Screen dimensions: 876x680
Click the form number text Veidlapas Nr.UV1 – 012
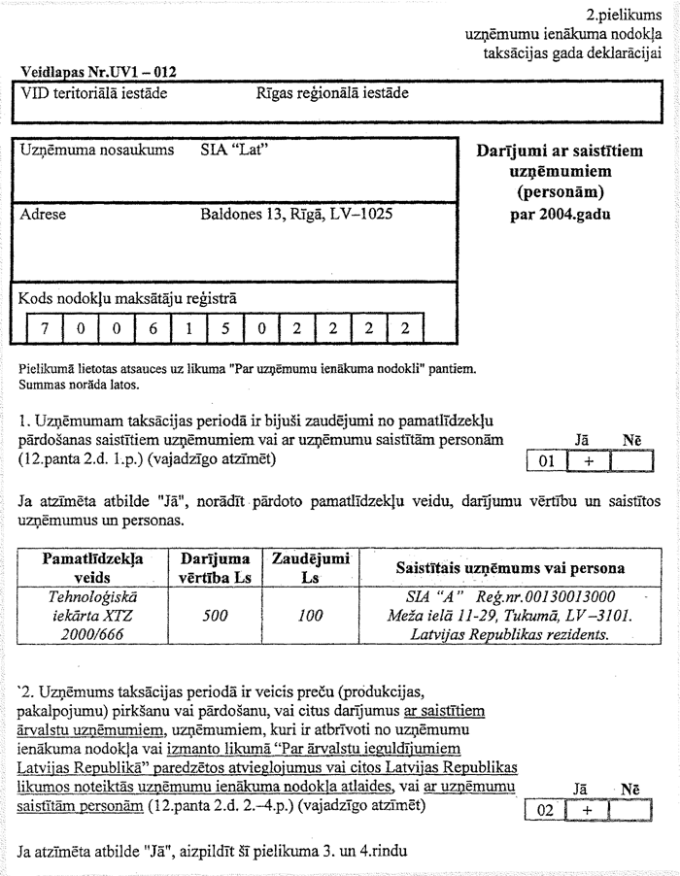(97, 71)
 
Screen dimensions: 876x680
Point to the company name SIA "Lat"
(234, 151)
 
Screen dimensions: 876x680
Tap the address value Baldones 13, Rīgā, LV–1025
(296, 214)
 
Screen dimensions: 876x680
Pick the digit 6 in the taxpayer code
(152, 328)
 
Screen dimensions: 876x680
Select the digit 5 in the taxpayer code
(223, 328)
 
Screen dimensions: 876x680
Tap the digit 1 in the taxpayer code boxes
(187, 328)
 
